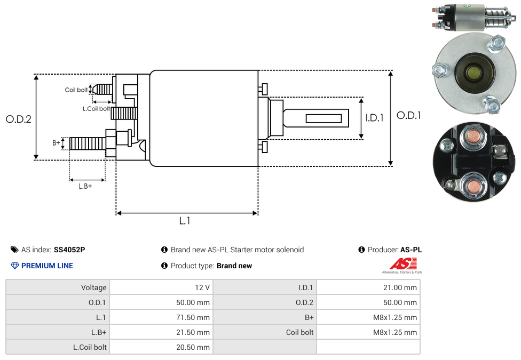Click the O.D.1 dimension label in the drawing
tap(408, 115)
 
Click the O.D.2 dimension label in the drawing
tap(18, 119)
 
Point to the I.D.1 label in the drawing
tap(374, 118)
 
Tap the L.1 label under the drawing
tap(185, 220)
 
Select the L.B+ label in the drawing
tap(85, 186)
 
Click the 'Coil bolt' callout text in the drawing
tap(76, 90)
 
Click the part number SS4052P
tap(69, 250)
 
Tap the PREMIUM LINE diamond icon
tap(15, 266)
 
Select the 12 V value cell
tap(202, 287)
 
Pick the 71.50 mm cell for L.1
tap(193, 317)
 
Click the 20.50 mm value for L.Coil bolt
tap(193, 347)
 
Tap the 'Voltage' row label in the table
tap(94, 287)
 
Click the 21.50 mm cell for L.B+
tap(193, 332)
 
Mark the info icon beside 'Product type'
tap(164, 266)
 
